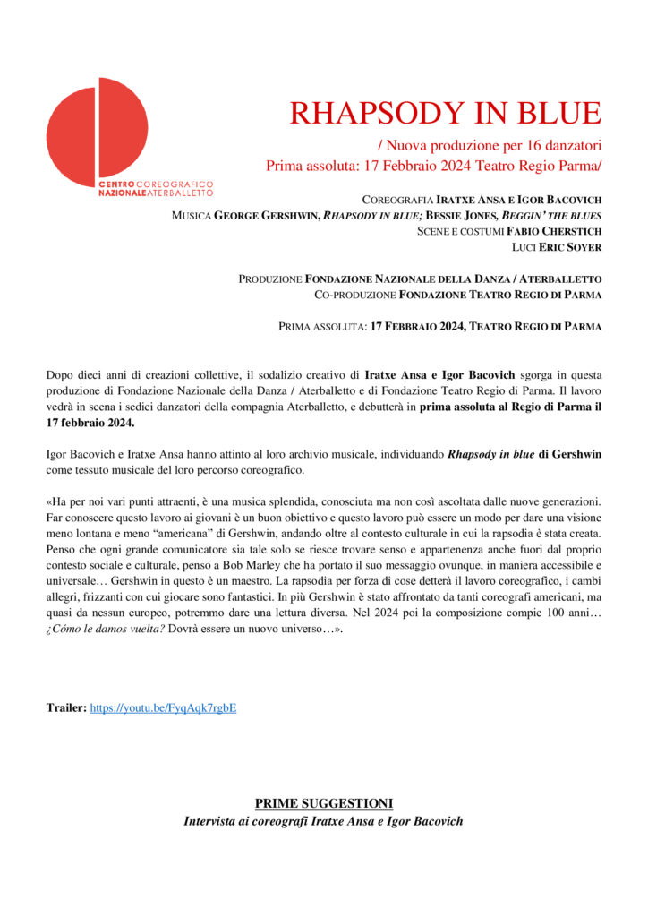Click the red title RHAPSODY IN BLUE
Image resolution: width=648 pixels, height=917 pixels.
pyautogui.click(x=446, y=113)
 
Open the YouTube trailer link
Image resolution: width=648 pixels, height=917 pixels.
pyautogui.click(x=163, y=708)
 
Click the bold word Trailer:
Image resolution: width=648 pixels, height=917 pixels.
pyautogui.click(x=66, y=708)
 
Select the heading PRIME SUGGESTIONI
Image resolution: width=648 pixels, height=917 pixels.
pyautogui.click(x=323, y=803)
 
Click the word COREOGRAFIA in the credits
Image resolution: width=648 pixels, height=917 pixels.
pyautogui.click(x=397, y=200)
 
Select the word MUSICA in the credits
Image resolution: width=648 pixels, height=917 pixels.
pyautogui.click(x=191, y=216)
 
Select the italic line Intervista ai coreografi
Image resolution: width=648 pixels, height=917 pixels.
pyautogui.click(x=323, y=821)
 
